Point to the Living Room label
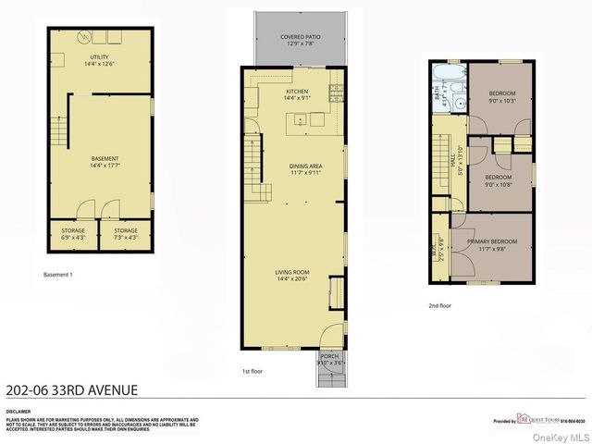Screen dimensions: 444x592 click(x=291, y=275)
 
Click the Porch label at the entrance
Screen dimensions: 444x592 click(x=329, y=360)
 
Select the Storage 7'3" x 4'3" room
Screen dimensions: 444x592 click(x=125, y=233)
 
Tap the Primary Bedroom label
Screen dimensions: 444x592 click(x=492, y=245)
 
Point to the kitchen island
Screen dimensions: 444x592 click(x=308, y=119)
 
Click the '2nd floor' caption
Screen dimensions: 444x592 click(x=439, y=305)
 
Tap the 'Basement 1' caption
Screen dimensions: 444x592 click(x=58, y=275)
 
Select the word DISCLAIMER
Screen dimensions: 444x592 click(x=18, y=411)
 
